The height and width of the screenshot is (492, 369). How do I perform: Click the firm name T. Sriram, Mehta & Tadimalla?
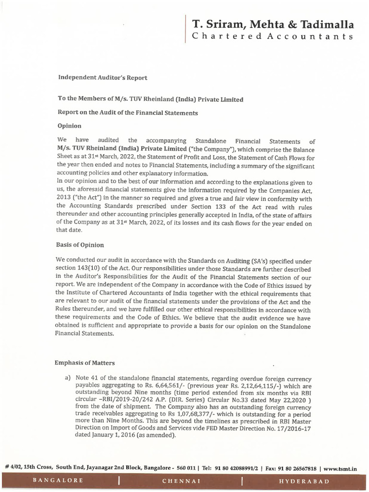(273, 24)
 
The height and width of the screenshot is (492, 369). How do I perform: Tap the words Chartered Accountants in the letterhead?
(273, 37)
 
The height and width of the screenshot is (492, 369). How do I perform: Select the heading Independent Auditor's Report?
(103, 77)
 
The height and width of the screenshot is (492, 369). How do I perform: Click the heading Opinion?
(70, 126)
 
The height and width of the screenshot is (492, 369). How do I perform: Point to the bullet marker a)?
(68, 378)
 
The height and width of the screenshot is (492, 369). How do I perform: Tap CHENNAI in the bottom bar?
(181, 481)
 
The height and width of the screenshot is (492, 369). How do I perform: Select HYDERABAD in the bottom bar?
(304, 481)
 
